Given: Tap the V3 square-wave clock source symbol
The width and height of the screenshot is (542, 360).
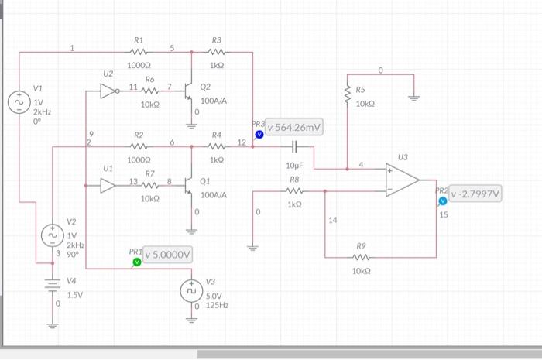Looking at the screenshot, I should (190, 292).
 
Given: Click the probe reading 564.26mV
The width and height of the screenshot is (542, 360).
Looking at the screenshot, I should (297, 128).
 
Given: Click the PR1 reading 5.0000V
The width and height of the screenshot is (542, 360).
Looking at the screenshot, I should (168, 255).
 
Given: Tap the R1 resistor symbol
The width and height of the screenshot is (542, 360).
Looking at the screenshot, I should (139, 53).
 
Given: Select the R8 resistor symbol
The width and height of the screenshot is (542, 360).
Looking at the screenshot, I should (294, 191).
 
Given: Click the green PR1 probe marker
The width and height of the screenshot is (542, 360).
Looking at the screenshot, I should (137, 262).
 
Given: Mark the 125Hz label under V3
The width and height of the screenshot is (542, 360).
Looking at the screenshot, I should (218, 306).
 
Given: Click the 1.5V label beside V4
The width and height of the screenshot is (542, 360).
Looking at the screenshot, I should (74, 295).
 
